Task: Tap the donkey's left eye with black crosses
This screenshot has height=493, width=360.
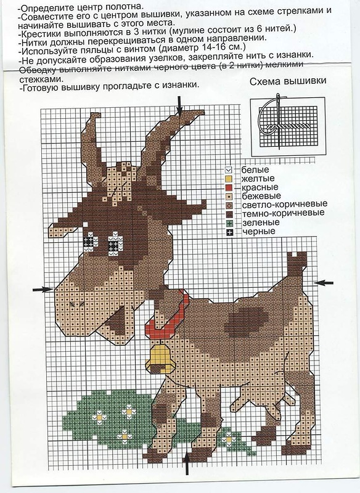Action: [x=90, y=242]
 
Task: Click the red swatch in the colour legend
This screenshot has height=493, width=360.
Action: [x=229, y=188]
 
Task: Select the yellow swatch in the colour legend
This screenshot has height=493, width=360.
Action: [x=229, y=179]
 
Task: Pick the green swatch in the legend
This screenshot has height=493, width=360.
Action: [x=229, y=223]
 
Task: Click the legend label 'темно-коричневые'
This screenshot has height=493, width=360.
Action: [x=283, y=213]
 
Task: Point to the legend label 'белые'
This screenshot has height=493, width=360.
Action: [x=255, y=170]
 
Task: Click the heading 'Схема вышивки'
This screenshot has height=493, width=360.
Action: [x=288, y=81]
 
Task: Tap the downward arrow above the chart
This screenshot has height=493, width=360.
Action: [x=179, y=106]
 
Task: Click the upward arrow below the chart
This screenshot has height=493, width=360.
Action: [x=187, y=463]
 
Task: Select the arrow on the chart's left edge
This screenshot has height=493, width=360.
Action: [x=43, y=289]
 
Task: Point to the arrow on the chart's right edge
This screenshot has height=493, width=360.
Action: [x=324, y=283]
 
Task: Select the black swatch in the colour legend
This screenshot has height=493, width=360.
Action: [x=229, y=232]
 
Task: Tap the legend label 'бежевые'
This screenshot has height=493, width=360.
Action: [x=261, y=196]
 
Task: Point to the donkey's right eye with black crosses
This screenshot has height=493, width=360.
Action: [x=115, y=242]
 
